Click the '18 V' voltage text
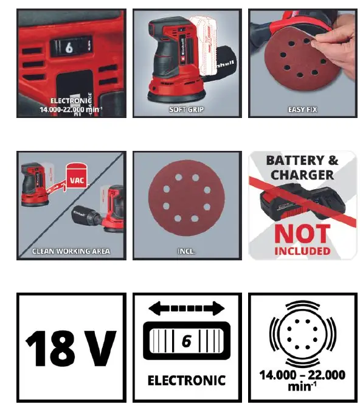click(x=71, y=348)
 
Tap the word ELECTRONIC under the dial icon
click(x=186, y=381)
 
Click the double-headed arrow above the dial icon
click(x=186, y=310)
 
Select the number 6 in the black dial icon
click(x=187, y=341)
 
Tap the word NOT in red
click(x=302, y=233)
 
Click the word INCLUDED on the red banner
click(x=302, y=250)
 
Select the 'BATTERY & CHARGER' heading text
click(x=302, y=167)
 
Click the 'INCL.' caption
click(x=187, y=250)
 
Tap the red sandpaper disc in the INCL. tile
click(x=186, y=200)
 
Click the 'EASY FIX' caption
click(x=302, y=109)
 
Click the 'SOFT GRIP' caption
click(x=187, y=109)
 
